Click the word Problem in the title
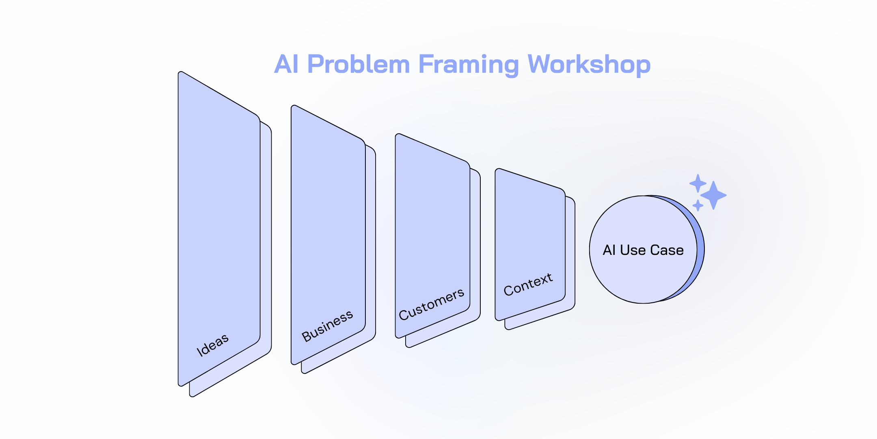(x=359, y=65)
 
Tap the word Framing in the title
(x=468, y=65)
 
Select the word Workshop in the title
(x=589, y=65)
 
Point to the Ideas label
(x=212, y=345)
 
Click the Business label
(x=327, y=326)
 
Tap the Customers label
(x=431, y=304)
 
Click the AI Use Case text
(x=643, y=250)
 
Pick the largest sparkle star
(x=713, y=196)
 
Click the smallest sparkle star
(x=698, y=205)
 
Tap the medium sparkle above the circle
(x=698, y=183)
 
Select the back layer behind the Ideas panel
(x=266, y=244)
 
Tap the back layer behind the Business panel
(x=370, y=244)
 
